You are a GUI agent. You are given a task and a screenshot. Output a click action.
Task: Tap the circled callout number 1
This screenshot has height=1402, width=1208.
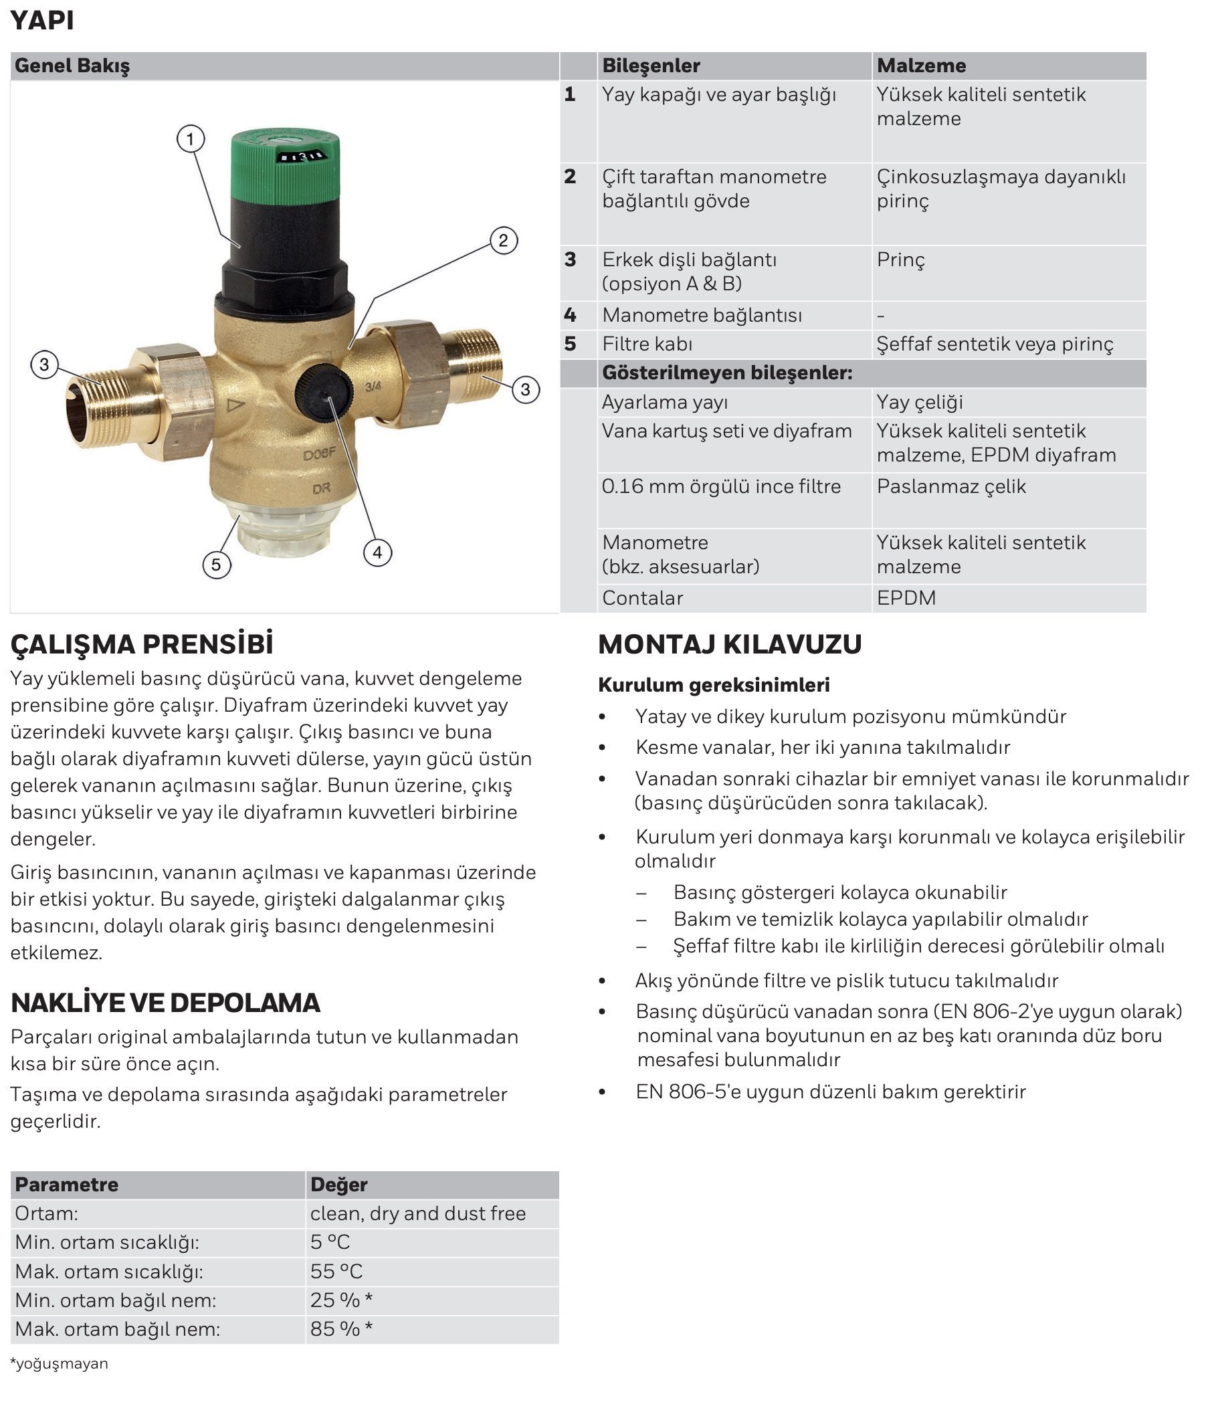point(190,139)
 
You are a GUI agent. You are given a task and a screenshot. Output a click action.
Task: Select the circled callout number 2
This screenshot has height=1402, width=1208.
point(503,240)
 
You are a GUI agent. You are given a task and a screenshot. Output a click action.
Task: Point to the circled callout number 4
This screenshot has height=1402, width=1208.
point(377,552)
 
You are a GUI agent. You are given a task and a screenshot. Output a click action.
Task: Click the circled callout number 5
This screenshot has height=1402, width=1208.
point(216,564)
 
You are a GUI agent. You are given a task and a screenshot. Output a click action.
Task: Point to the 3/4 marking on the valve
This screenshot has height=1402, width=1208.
point(373,387)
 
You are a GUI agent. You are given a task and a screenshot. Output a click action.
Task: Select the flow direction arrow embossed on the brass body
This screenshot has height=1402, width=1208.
point(235,405)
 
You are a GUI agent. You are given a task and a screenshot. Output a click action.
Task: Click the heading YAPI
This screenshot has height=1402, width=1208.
point(42,20)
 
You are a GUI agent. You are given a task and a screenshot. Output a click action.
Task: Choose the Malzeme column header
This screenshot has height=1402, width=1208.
point(921,66)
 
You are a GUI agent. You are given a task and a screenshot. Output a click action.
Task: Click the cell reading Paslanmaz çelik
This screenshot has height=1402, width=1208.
point(951,486)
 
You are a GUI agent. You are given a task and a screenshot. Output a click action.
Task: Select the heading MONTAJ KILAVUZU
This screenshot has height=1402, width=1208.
point(730,643)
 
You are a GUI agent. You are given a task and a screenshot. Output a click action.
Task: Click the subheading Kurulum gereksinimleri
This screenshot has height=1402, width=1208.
point(713,685)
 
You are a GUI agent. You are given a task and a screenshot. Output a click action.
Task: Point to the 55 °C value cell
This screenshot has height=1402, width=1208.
point(336,1272)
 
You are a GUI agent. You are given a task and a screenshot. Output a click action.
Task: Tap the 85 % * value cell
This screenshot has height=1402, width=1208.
point(341,1329)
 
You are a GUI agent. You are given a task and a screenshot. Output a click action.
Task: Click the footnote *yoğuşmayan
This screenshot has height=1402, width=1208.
point(59,1363)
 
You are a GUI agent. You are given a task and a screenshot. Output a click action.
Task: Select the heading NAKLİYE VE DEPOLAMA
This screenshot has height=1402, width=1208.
point(165,1003)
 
